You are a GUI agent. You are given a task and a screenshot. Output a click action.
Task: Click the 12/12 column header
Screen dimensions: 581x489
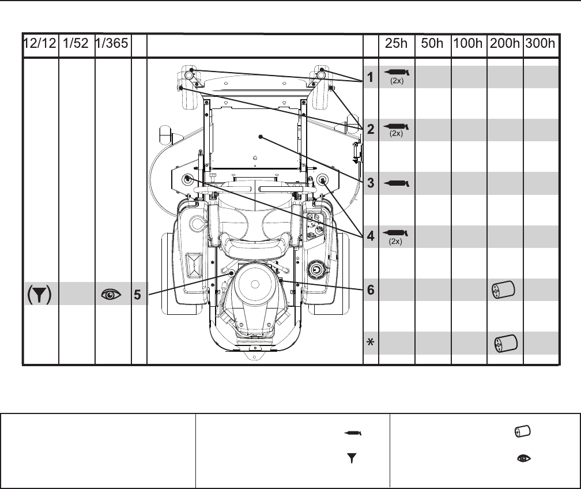coord(40,43)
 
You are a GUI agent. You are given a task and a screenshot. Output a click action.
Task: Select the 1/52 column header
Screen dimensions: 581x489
coord(76,43)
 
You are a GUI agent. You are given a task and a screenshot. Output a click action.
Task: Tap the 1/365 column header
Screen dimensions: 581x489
coord(112,43)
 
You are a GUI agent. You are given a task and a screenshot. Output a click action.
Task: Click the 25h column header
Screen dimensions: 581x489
coord(396,43)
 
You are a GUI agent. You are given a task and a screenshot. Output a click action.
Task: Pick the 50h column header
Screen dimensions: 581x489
coord(432,43)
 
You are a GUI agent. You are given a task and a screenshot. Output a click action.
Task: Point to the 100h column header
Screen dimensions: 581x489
coord(468,43)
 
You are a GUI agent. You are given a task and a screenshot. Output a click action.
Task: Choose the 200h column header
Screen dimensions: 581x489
coord(505,43)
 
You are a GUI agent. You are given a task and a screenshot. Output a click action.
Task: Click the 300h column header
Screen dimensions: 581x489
coord(540,43)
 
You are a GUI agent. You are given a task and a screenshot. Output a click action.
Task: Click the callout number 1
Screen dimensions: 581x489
coord(370,77)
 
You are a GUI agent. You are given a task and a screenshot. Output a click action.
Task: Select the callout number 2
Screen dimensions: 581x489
coord(371,129)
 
